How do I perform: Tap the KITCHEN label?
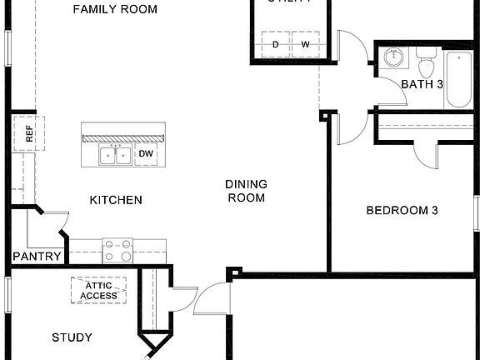pyautogui.click(x=116, y=200)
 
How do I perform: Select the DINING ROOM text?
pyautogui.click(x=245, y=191)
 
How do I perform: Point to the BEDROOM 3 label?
pyautogui.click(x=402, y=211)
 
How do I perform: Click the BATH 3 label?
pyautogui.click(x=422, y=84)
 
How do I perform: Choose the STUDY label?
pyautogui.click(x=72, y=337)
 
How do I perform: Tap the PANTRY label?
pyautogui.click(x=37, y=257)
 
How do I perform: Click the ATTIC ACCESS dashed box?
pyautogui.click(x=98, y=290)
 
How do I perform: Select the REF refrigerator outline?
pyautogui.click(x=27, y=133)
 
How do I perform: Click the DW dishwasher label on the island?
pyautogui.click(x=145, y=154)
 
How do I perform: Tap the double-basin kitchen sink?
pyautogui.click(x=115, y=154)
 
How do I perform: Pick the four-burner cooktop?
pyautogui.click(x=117, y=250)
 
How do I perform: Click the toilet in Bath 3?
pyautogui.click(x=426, y=62)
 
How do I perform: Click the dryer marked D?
pyautogui.click(x=276, y=44)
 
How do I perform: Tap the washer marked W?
pyautogui.click(x=305, y=44)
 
